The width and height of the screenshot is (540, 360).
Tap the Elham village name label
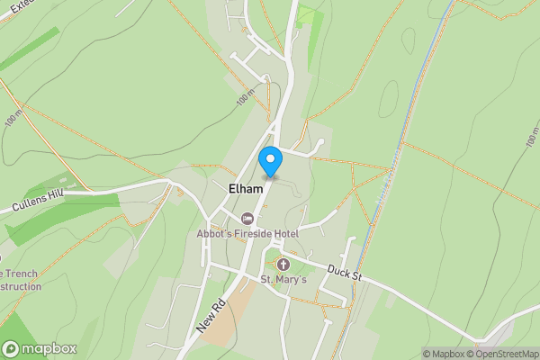pyautogui.click(x=246, y=190)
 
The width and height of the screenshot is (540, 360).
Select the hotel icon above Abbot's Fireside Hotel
pyautogui.click(x=247, y=219)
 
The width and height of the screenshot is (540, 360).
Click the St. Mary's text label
pyautogui.click(x=283, y=280)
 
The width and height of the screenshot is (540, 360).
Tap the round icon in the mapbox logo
pyautogui.click(x=12, y=348)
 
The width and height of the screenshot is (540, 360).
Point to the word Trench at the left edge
pyautogui.click(x=22, y=274)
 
